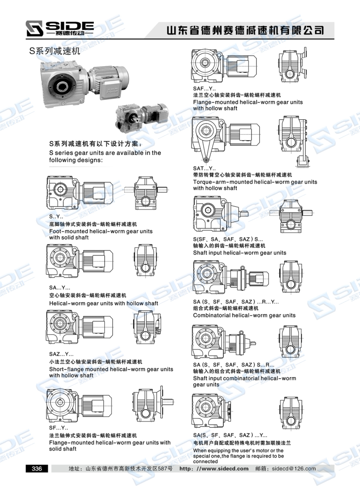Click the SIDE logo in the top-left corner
tap(59, 29)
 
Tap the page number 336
tap(37, 469)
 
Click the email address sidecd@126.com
tap(294, 469)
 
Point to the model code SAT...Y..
tap(204, 168)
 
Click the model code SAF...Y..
tap(204, 89)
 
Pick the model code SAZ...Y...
tap(61, 354)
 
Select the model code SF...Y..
tap(58, 428)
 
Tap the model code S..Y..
tap(56, 216)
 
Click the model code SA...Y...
tap(59, 288)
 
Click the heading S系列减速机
tap(54, 51)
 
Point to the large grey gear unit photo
tap(83, 83)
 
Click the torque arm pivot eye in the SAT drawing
tap(206, 160)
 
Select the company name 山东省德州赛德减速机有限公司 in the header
tap(245, 30)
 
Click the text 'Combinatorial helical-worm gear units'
tap(244, 315)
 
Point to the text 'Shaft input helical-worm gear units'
tap(239, 253)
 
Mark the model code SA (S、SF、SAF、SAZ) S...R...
tap(234, 365)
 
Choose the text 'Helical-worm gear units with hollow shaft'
tap(103, 303)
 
